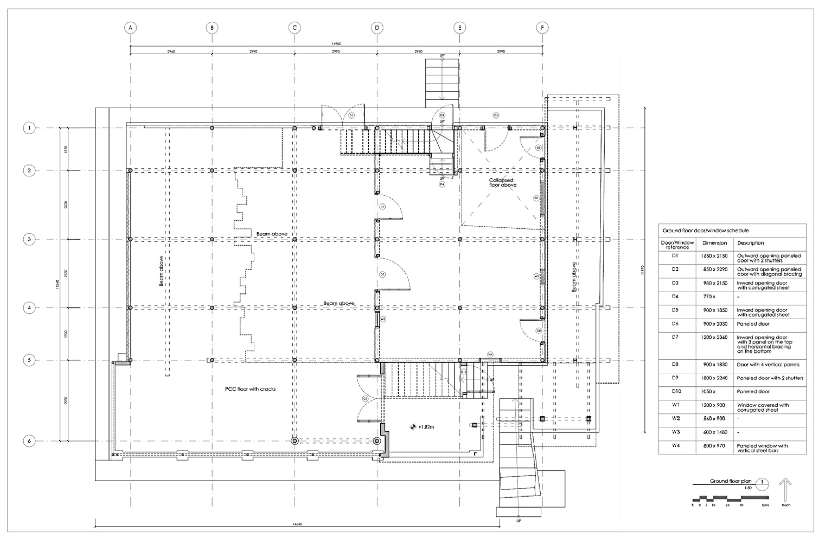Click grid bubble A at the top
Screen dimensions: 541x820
pyautogui.click(x=130, y=28)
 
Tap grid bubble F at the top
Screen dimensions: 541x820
pyautogui.click(x=542, y=28)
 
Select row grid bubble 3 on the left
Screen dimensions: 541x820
pyautogui.click(x=29, y=239)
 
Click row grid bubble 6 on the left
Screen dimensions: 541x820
pyautogui.click(x=29, y=441)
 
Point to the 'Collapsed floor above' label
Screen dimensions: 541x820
pyautogui.click(x=502, y=183)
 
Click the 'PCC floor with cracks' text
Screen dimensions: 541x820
pyautogui.click(x=250, y=389)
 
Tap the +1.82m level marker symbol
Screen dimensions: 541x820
pyautogui.click(x=413, y=427)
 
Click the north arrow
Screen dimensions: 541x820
pyautogui.click(x=786, y=490)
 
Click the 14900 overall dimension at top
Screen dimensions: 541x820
pyautogui.click(x=336, y=44)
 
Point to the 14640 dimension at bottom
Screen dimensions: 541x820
pyautogui.click(x=297, y=534)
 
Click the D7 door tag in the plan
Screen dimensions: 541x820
pyautogui.click(x=382, y=275)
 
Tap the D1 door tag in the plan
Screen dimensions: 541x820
pyautogui.click(x=351, y=115)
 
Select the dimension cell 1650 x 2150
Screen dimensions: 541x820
pyautogui.click(x=714, y=256)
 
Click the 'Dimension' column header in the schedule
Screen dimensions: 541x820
pyautogui.click(x=714, y=243)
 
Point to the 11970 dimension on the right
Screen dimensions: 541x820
pyautogui.click(x=642, y=270)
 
